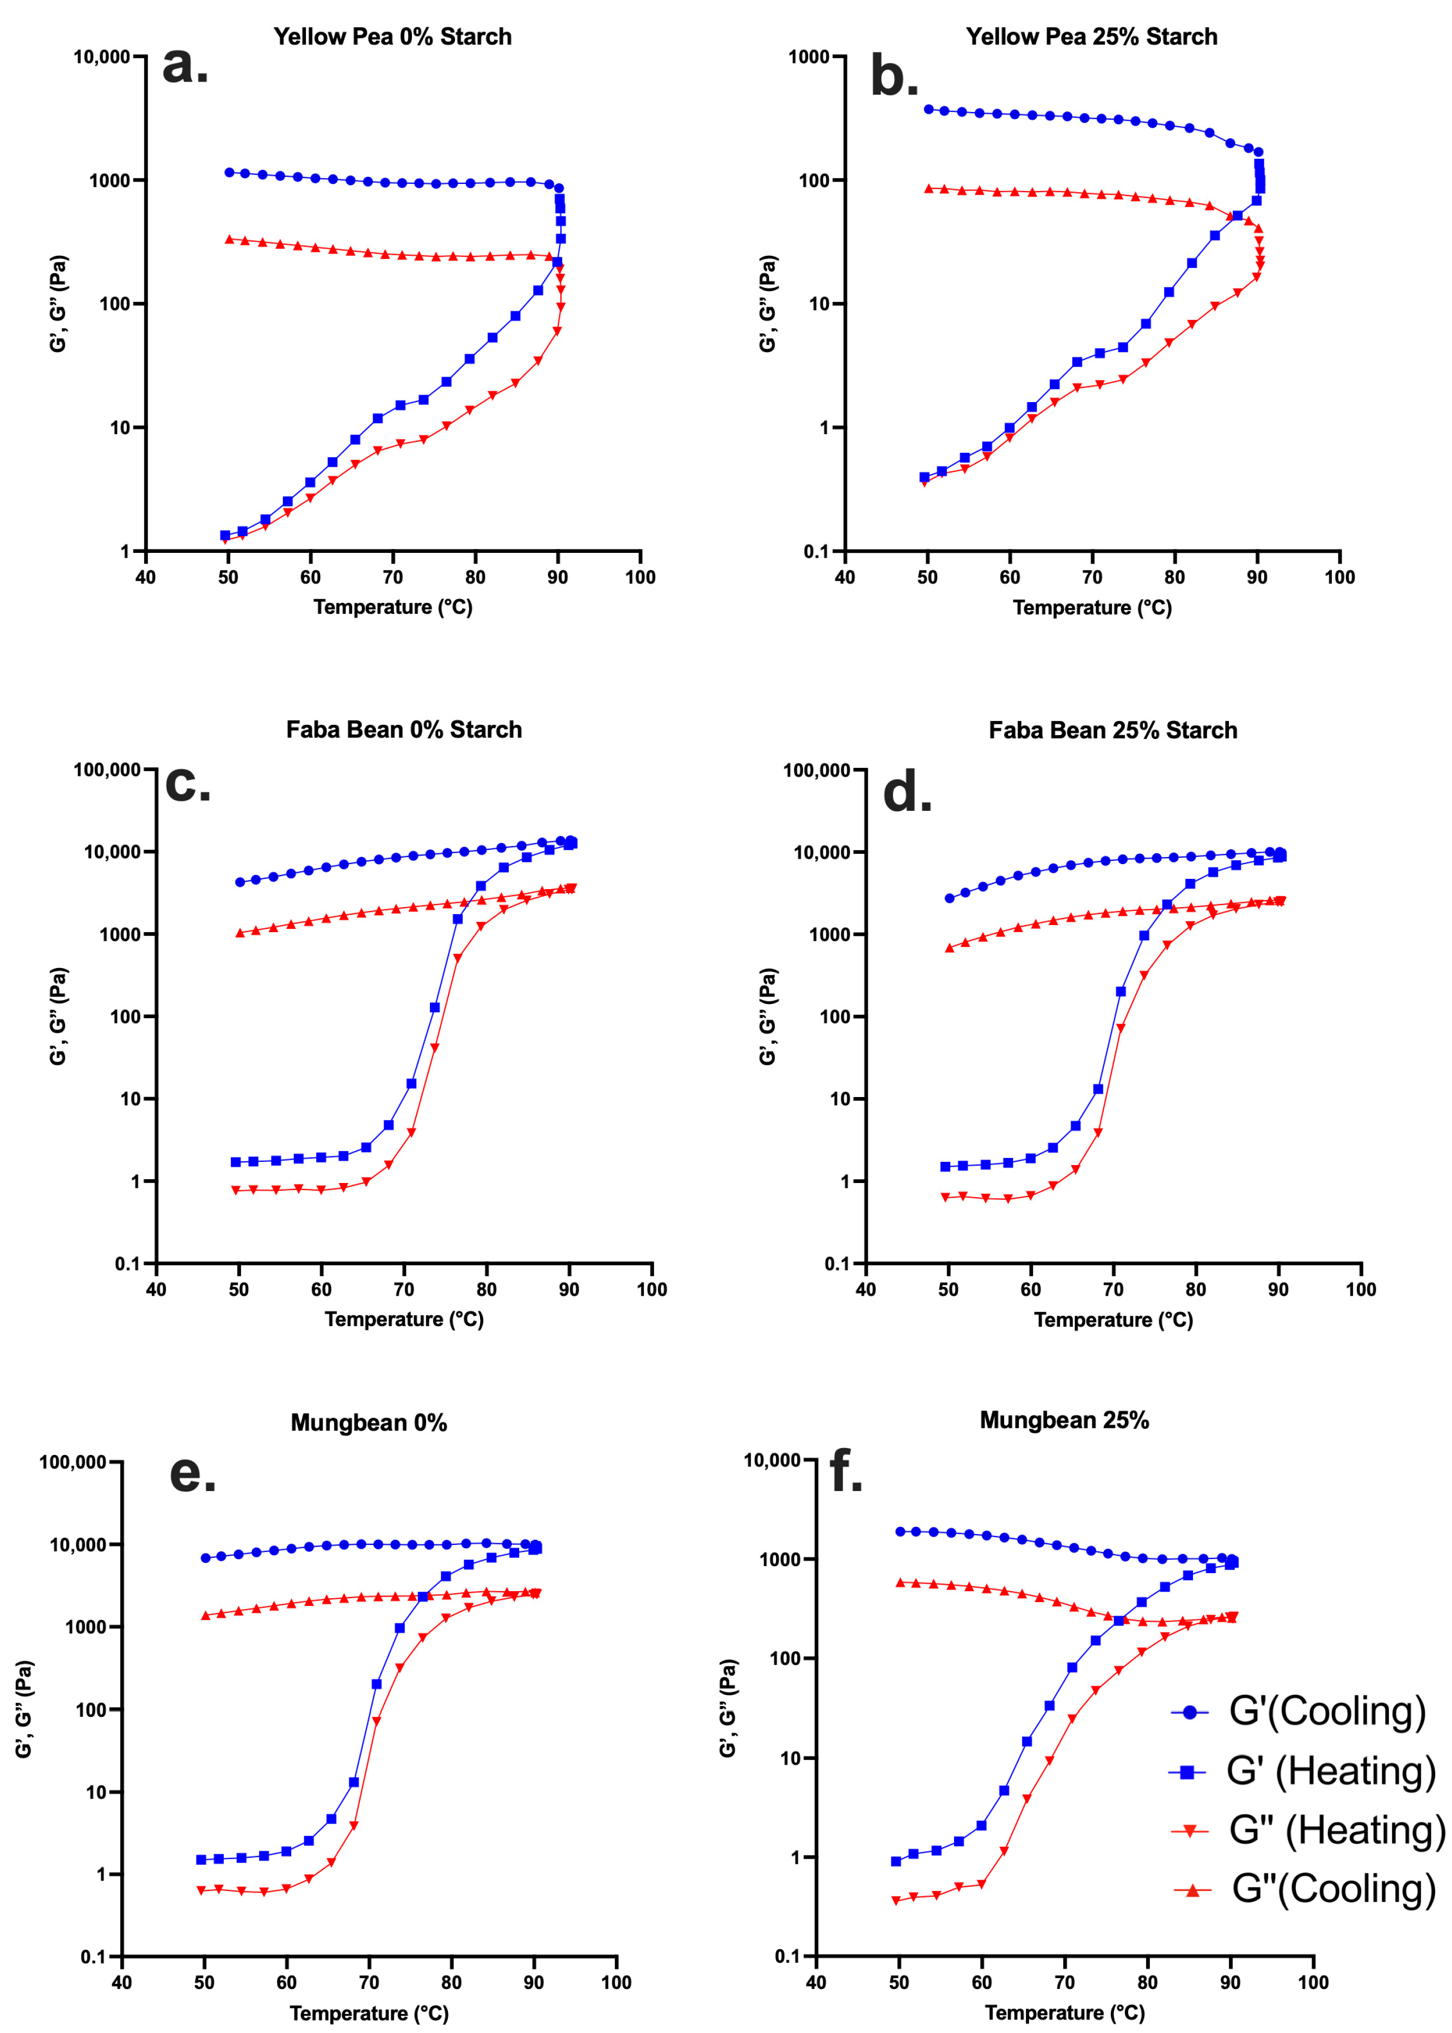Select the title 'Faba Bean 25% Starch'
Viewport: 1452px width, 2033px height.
(1113, 730)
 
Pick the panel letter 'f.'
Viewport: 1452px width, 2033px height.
(846, 1471)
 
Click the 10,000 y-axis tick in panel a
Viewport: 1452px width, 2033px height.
(102, 57)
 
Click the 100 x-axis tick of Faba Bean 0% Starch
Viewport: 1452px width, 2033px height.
(652, 1289)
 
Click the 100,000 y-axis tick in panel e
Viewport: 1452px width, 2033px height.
(73, 1463)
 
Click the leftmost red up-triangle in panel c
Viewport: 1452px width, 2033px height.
(239, 933)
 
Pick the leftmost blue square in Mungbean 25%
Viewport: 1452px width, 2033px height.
(896, 1862)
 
